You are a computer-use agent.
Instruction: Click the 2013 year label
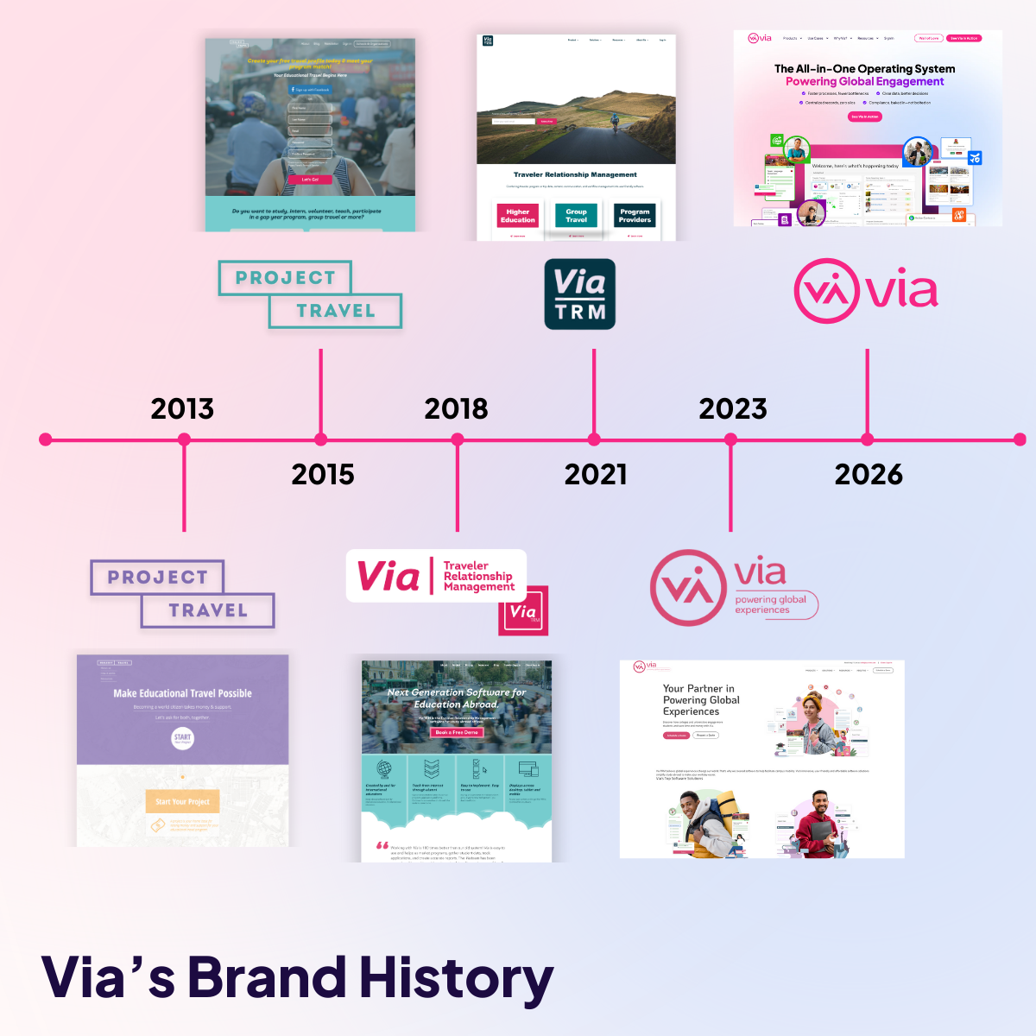(x=182, y=408)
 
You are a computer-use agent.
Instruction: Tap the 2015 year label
(x=323, y=474)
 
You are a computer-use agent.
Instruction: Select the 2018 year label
(x=456, y=408)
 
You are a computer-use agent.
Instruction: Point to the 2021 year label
(x=596, y=474)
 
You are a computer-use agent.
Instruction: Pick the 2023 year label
(x=732, y=408)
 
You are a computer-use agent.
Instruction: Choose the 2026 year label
(x=869, y=474)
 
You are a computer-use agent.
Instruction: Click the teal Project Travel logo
(x=309, y=294)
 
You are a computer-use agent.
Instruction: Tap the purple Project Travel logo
(x=182, y=594)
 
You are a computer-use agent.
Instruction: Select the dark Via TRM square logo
(x=579, y=294)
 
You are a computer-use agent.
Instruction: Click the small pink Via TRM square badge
(x=523, y=613)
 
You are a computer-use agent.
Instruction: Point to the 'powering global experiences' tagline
(x=770, y=604)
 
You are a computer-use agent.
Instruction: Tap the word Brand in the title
(x=268, y=977)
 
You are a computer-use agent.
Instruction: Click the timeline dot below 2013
(x=184, y=439)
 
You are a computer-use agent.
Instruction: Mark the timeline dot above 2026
(x=868, y=439)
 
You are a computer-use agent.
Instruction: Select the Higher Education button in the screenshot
(x=518, y=216)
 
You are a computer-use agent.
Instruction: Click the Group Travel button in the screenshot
(x=576, y=216)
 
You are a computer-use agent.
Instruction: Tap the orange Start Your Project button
(x=182, y=801)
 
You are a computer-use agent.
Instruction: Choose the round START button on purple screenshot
(x=182, y=738)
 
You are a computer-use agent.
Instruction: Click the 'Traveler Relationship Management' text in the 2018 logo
(x=478, y=576)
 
